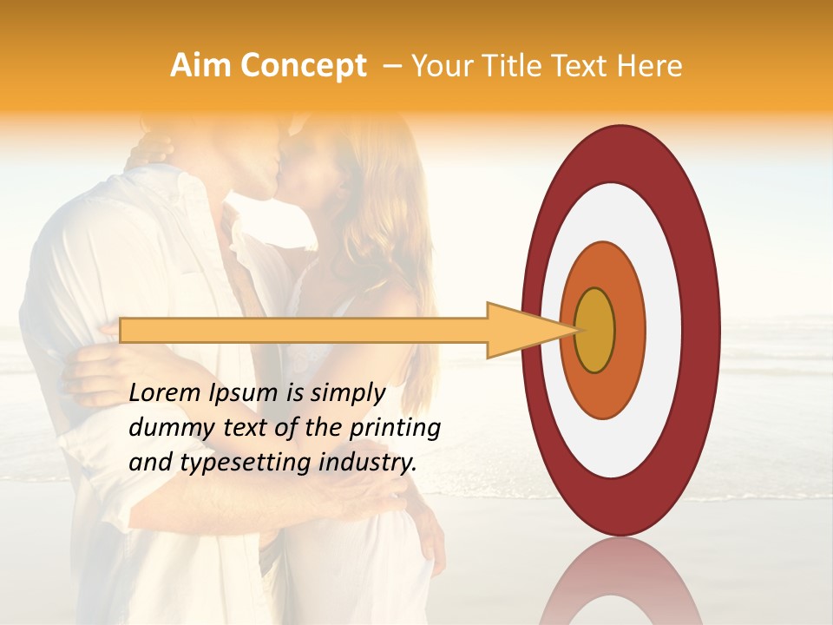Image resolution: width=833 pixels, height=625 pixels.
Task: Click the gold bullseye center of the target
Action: [595, 331]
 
